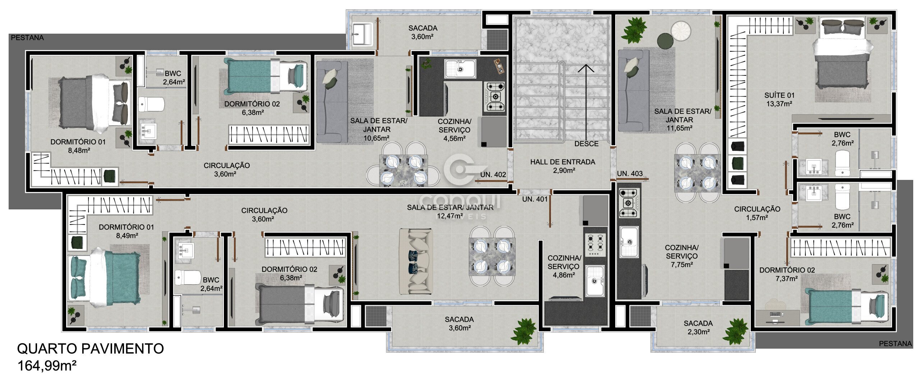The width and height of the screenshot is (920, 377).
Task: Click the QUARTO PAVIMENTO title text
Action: click(x=91, y=349)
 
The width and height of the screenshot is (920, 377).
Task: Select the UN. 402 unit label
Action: click(x=493, y=175)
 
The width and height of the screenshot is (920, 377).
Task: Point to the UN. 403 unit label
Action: click(x=630, y=174)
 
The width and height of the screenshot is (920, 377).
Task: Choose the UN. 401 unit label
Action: click(x=535, y=199)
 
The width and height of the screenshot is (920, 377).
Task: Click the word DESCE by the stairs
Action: click(x=586, y=144)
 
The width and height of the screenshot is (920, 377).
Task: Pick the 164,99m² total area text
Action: click(x=47, y=366)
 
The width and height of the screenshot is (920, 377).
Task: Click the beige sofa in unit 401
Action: click(x=416, y=262)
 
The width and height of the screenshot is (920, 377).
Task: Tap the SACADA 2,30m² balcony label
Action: click(x=698, y=328)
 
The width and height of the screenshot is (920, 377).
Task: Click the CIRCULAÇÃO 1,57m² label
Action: click(x=757, y=213)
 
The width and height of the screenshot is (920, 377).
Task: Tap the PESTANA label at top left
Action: click(x=27, y=38)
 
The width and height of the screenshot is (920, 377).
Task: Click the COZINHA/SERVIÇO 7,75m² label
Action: click(x=681, y=256)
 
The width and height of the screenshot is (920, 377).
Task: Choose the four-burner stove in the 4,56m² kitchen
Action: click(x=496, y=96)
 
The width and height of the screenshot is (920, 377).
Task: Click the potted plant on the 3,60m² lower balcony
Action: click(x=524, y=331)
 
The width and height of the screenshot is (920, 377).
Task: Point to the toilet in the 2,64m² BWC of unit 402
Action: click(x=151, y=104)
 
